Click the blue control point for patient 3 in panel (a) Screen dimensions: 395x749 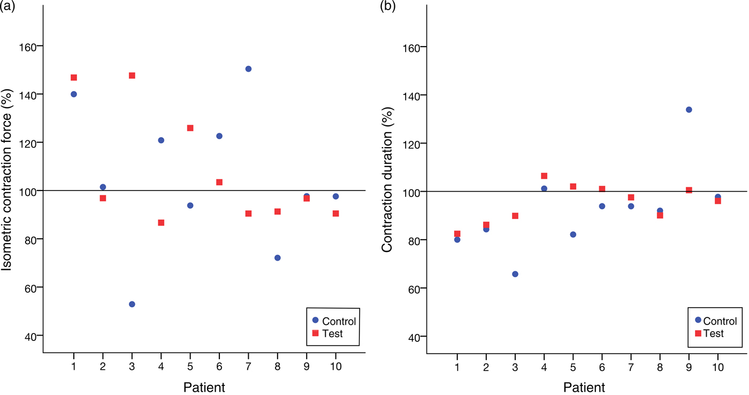click(x=132, y=304)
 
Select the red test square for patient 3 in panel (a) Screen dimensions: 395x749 click(x=132, y=75)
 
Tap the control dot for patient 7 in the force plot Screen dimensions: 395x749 click(x=248, y=69)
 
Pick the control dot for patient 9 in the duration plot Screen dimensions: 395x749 click(x=689, y=110)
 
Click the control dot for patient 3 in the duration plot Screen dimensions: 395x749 click(x=515, y=274)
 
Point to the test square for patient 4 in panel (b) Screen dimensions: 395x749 click(x=544, y=176)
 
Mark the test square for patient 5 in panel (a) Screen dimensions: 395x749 click(x=190, y=128)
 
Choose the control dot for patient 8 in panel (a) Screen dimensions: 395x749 click(x=277, y=257)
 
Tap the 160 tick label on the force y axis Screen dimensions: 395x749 click(x=27, y=47)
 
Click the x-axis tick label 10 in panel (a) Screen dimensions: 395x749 click(x=335, y=367)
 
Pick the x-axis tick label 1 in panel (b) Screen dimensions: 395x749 click(x=457, y=367)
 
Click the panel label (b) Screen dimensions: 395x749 click(x=388, y=6)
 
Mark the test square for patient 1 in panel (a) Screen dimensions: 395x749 click(x=74, y=78)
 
